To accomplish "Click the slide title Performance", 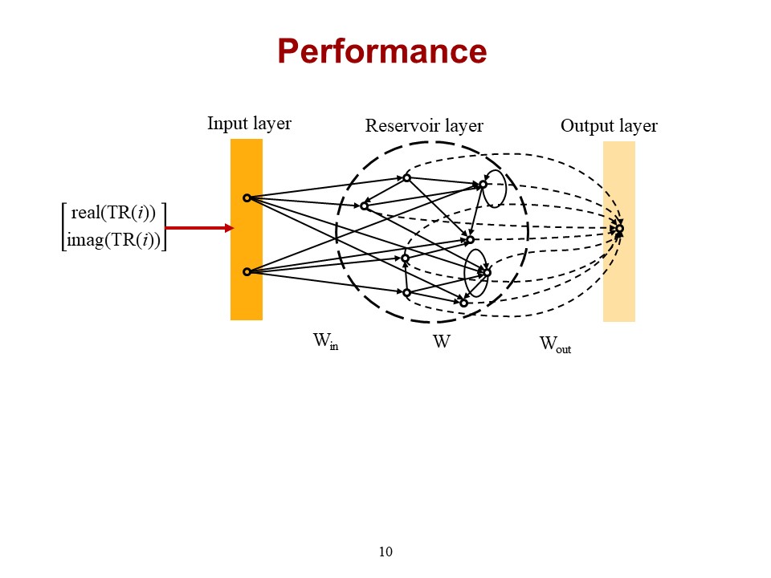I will [x=382, y=51].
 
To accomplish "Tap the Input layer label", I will [x=249, y=124].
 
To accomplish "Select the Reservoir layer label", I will [x=424, y=126].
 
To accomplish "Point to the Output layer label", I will [x=609, y=126].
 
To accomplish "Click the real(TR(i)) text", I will [x=113, y=214].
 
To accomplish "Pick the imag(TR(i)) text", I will [x=113, y=239].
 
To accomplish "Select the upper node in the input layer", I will [x=247, y=197].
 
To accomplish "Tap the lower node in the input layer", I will [x=247, y=271].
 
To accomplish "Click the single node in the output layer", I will [x=619, y=229].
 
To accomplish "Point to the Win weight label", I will [x=325, y=342].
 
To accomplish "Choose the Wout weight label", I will [x=555, y=345].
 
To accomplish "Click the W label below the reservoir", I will [x=441, y=342].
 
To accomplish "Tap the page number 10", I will [x=385, y=552].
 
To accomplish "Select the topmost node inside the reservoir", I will [x=406, y=177].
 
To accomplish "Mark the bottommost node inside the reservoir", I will [x=463, y=303].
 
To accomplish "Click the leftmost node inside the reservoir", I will [x=364, y=206].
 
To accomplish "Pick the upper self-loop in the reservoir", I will [x=495, y=187].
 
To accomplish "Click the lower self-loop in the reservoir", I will [x=476, y=273].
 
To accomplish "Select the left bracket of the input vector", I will [x=64, y=227].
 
